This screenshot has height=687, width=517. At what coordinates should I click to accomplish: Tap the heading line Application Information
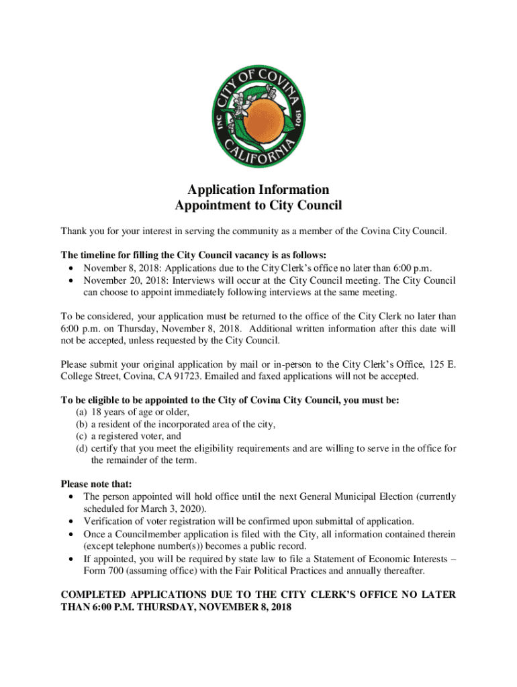[258, 189]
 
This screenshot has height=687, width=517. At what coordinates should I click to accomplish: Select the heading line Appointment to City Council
[258, 205]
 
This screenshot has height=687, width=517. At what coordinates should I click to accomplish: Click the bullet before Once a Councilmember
[72, 534]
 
